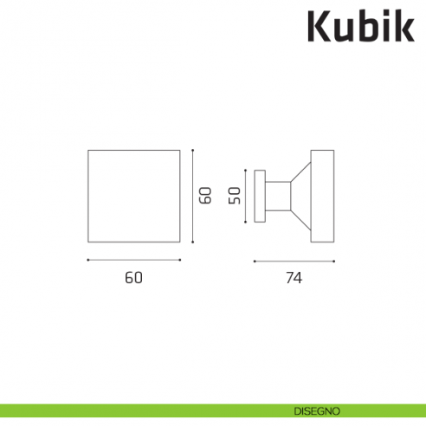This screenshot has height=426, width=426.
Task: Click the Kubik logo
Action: click(362, 28)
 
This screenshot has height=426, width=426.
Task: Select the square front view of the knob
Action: click(134, 196)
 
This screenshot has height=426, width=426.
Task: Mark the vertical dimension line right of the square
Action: click(193, 196)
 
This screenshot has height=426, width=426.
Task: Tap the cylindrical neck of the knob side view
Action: click(277, 196)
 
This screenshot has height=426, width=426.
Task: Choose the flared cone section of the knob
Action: click(300, 196)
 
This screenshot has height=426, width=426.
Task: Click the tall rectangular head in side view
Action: click(322, 196)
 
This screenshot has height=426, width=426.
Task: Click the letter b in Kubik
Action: click(367, 28)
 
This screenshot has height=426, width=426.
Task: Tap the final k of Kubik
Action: click(404, 28)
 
